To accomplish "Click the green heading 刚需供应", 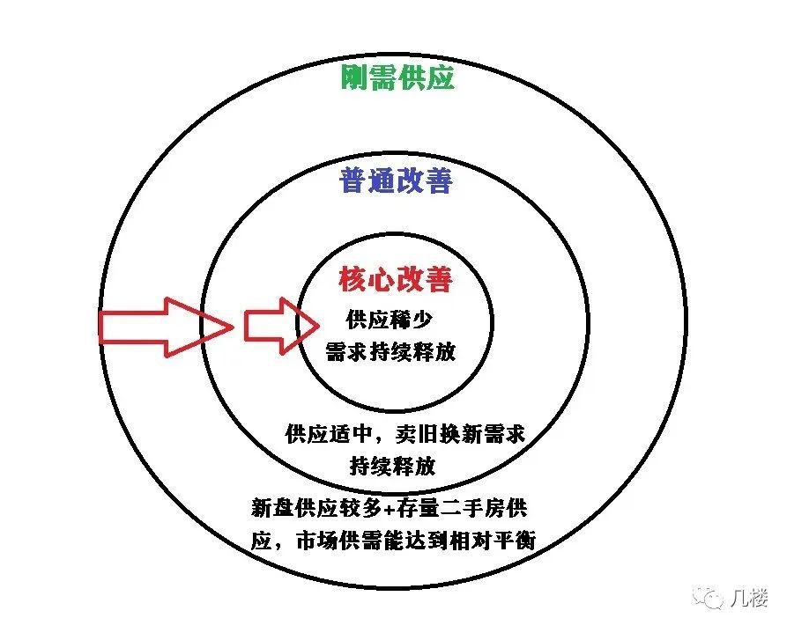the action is (x=397, y=78).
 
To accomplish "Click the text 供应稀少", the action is (x=389, y=319).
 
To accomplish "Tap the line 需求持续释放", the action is (x=390, y=351).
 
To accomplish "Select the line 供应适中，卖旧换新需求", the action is (x=405, y=434).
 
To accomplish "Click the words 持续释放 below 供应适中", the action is (x=392, y=467).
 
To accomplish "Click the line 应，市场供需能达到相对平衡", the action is (x=393, y=541).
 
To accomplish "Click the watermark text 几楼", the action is (x=749, y=598).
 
